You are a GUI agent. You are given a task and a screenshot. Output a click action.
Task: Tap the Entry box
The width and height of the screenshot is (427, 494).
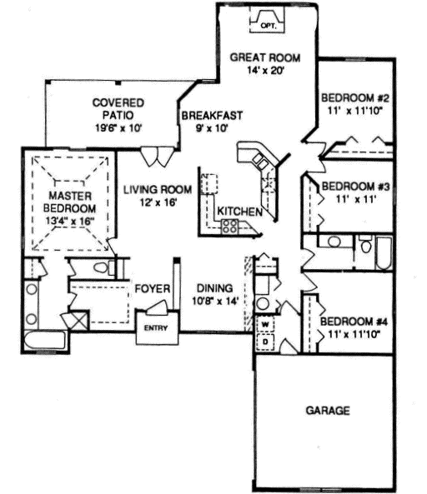pyautogui.click(x=156, y=327)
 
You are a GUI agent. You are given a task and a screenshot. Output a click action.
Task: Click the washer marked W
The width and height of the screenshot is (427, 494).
pyautogui.click(x=265, y=323)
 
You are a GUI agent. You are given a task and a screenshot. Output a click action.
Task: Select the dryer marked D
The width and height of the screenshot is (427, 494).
pyautogui.click(x=265, y=340)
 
